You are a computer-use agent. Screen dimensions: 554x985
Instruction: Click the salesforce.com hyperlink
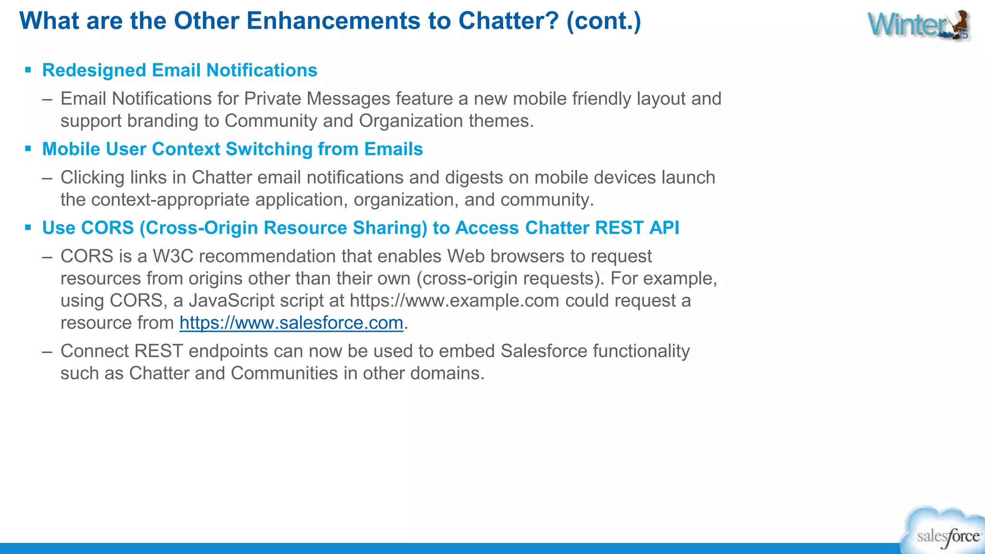tap(291, 323)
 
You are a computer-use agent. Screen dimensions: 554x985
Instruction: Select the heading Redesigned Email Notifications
tap(179, 70)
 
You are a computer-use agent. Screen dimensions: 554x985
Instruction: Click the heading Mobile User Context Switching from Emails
tap(232, 149)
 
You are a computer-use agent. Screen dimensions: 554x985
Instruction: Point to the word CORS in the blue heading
tap(107, 228)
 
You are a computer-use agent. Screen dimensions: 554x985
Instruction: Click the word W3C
tap(173, 256)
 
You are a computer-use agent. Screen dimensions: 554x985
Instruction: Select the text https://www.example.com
tap(454, 301)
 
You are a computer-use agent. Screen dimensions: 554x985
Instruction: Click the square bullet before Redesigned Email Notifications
tap(28, 70)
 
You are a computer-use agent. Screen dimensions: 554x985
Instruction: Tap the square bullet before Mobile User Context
tap(28, 149)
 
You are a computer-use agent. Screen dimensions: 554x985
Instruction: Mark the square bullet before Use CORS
tap(28, 228)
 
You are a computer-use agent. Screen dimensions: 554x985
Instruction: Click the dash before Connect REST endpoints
tap(47, 352)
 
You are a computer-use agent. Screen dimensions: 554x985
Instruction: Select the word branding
tap(163, 121)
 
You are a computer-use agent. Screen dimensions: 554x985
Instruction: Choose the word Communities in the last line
tap(284, 373)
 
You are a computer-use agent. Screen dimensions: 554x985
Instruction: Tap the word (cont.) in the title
tap(604, 21)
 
